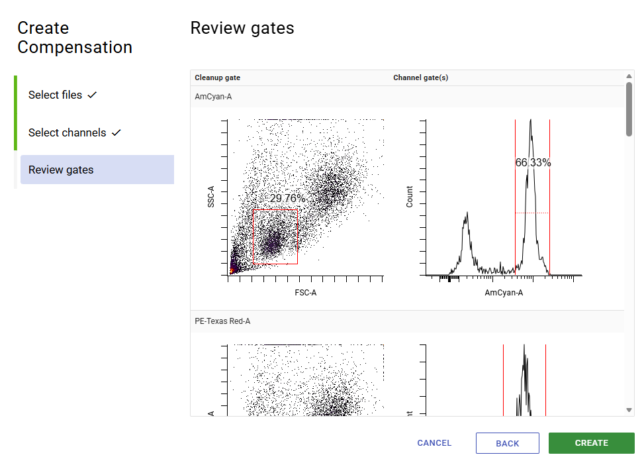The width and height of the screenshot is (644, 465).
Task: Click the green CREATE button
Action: [x=591, y=443]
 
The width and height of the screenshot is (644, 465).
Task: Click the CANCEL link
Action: [x=434, y=443]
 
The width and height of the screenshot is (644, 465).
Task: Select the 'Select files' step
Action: [x=56, y=95]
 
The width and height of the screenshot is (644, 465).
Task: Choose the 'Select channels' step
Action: [x=67, y=132]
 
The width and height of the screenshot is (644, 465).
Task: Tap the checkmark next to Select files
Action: [x=92, y=95]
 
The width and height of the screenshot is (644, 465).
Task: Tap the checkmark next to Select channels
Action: [x=116, y=133]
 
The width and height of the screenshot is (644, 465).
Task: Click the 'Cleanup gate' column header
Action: [x=217, y=77]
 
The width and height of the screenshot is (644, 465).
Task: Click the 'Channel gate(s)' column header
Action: [x=420, y=77]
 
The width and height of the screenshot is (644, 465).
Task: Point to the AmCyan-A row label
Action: [x=213, y=97]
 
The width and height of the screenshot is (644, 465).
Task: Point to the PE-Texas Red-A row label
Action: [x=222, y=321]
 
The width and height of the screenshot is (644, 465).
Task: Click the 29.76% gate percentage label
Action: [x=288, y=198]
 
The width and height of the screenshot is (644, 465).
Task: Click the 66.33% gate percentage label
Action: [x=533, y=162]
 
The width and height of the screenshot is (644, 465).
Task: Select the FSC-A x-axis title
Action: [x=306, y=292]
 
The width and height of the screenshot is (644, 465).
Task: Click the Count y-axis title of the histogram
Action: [x=410, y=197]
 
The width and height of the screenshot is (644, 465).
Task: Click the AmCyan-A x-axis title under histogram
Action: [x=504, y=292]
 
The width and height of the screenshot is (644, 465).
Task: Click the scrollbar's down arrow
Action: [x=629, y=410]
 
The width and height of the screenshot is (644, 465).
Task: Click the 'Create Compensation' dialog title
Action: [x=75, y=38]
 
